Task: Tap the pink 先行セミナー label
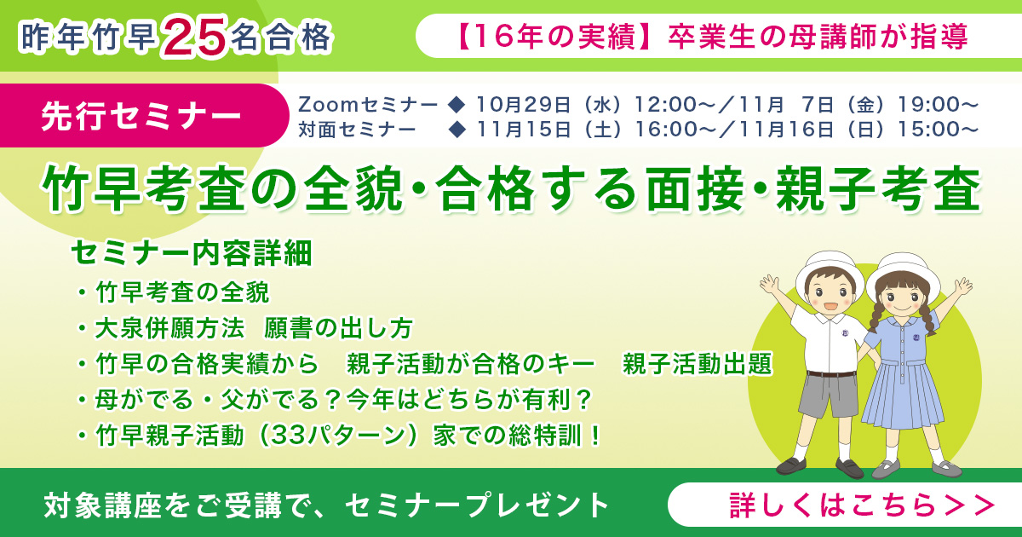click(141, 117)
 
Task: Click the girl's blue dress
click(901, 375)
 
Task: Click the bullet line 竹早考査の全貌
click(182, 292)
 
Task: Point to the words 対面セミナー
click(357, 130)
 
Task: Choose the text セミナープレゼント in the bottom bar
click(478, 505)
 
